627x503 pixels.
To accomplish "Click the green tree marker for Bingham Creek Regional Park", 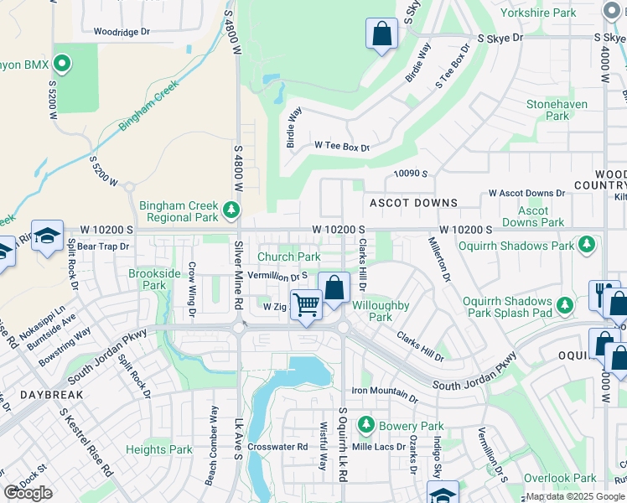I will point(232,208).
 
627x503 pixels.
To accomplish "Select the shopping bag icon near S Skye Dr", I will point(381,34).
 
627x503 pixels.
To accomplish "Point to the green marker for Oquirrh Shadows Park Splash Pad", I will point(567,305).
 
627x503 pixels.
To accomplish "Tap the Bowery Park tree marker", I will point(365,426).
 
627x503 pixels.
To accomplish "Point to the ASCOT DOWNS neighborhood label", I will point(414,203).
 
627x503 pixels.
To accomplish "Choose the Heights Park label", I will point(159,449).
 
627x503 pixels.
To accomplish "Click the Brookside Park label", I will point(154,279).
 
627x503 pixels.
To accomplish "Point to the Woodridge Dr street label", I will point(122,32).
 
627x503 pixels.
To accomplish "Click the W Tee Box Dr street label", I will point(342,146).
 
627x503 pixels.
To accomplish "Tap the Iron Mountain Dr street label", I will point(385,392).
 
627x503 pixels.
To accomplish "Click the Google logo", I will point(28,493).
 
